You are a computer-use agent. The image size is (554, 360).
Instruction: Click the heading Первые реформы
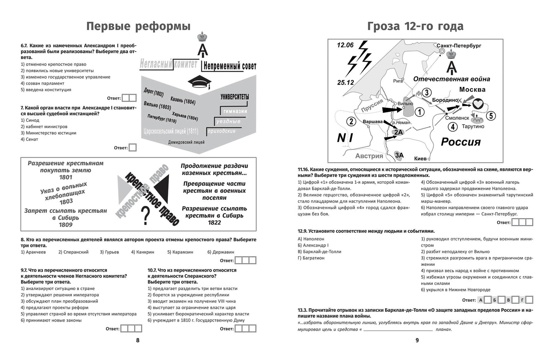tap(138, 26)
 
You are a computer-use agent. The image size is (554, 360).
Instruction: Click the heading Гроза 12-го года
tap(415, 26)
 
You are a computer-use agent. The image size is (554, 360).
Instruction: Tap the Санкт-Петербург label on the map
tap(459, 46)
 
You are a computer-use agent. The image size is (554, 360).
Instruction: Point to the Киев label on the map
tap(420, 158)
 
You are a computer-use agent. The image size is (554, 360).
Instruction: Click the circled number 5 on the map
tap(491, 115)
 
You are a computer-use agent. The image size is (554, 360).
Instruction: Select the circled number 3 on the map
tap(427, 92)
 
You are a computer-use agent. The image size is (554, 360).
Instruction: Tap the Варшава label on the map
tap(372, 122)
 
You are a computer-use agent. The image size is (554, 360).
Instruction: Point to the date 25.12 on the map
tap(345, 82)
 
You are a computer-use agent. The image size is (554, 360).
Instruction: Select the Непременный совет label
tap(229, 66)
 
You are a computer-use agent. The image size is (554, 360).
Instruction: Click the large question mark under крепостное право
tap(145, 216)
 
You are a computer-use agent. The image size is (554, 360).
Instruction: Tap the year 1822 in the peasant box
tap(214, 223)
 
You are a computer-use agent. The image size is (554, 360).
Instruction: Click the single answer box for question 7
tap(132, 148)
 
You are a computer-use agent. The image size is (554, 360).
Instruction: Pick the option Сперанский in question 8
tap(76, 252)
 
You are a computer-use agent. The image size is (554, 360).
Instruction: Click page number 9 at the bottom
tap(417, 340)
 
